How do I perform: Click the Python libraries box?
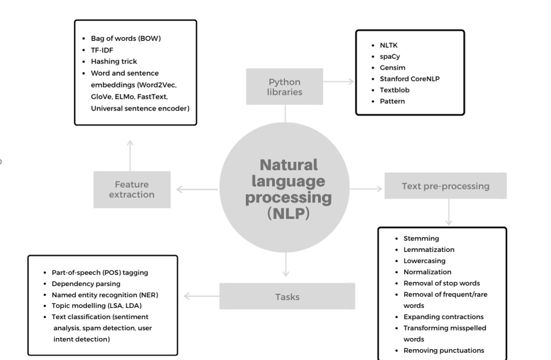pos(284,86)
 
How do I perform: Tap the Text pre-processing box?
pos(445,186)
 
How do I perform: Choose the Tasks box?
pos(287,296)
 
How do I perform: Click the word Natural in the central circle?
pos(288,165)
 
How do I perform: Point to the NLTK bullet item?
pos(389,45)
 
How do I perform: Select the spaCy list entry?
pos(390,57)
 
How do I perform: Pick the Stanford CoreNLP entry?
pos(409,79)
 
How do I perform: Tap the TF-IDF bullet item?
pos(103,50)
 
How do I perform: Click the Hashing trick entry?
pos(113,61)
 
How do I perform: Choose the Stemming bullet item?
pos(421,238)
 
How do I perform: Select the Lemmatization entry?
pos(429,250)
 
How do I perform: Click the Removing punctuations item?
pos(443,350)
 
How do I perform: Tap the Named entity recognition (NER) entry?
pos(105,295)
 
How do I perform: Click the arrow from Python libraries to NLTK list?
pos(339,82)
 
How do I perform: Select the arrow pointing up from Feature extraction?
pos(130,155)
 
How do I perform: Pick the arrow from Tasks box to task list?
pos(201,296)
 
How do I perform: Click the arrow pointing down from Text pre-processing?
pos(448,213)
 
